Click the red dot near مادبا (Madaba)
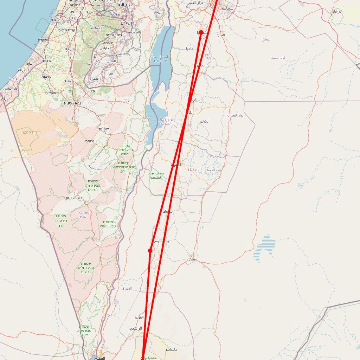[x=201, y=32]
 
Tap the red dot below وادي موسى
[x=150, y=251]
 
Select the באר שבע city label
[x=73, y=103]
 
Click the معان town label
[x=193, y=259]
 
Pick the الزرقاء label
[x=337, y=12]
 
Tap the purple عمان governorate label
[x=266, y=39]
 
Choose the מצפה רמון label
[x=73, y=198]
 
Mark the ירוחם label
[x=89, y=141]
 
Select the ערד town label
[x=127, y=101]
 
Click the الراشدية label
[x=135, y=328]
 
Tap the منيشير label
[x=172, y=349]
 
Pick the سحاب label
[x=228, y=8]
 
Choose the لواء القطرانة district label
[x=235, y=115]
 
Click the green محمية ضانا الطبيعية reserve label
[x=156, y=175]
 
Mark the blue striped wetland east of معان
[x=264, y=248]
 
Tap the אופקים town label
[x=53, y=93]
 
